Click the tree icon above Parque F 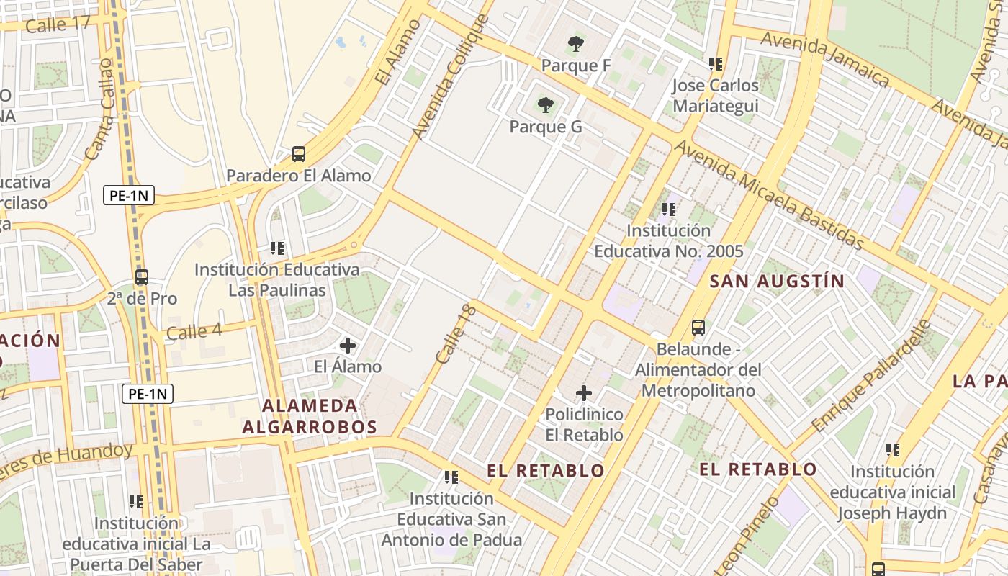pos(575,44)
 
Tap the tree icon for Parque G pos(546,105)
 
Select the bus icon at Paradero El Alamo pos(298,153)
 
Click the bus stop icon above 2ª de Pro pos(142,276)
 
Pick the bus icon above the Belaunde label pos(698,328)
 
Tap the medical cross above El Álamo pos(348,346)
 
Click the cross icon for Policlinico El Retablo pos(584,393)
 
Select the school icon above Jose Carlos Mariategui pos(715,64)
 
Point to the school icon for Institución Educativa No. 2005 pos(668,210)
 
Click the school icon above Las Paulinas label pos(277,248)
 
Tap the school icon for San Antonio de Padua pos(451,477)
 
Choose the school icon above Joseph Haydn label pos(893,450)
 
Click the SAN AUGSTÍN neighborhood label pos(777,281)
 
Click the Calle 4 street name pos(194,332)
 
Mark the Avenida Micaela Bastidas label pos(769,194)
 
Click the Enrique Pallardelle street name pos(870,376)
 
